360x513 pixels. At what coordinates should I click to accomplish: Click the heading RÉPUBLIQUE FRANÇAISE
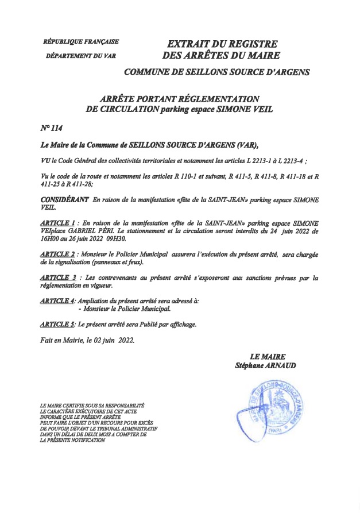(81, 41)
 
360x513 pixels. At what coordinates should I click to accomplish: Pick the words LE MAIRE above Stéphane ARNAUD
(267, 357)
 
